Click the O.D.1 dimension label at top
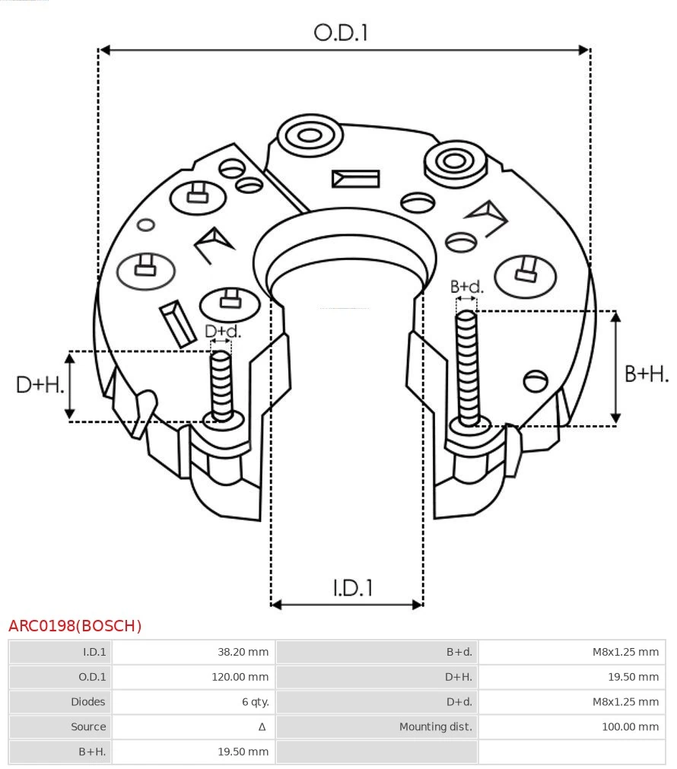(x=341, y=33)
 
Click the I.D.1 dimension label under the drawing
(x=352, y=587)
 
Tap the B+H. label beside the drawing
(x=646, y=373)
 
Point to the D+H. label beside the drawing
(x=40, y=385)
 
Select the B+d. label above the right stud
(x=466, y=288)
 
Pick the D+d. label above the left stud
(x=223, y=332)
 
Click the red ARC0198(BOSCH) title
(x=75, y=626)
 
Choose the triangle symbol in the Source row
(x=262, y=727)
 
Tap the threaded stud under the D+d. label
(x=221, y=384)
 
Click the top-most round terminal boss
(x=310, y=137)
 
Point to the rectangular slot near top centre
(x=355, y=179)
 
